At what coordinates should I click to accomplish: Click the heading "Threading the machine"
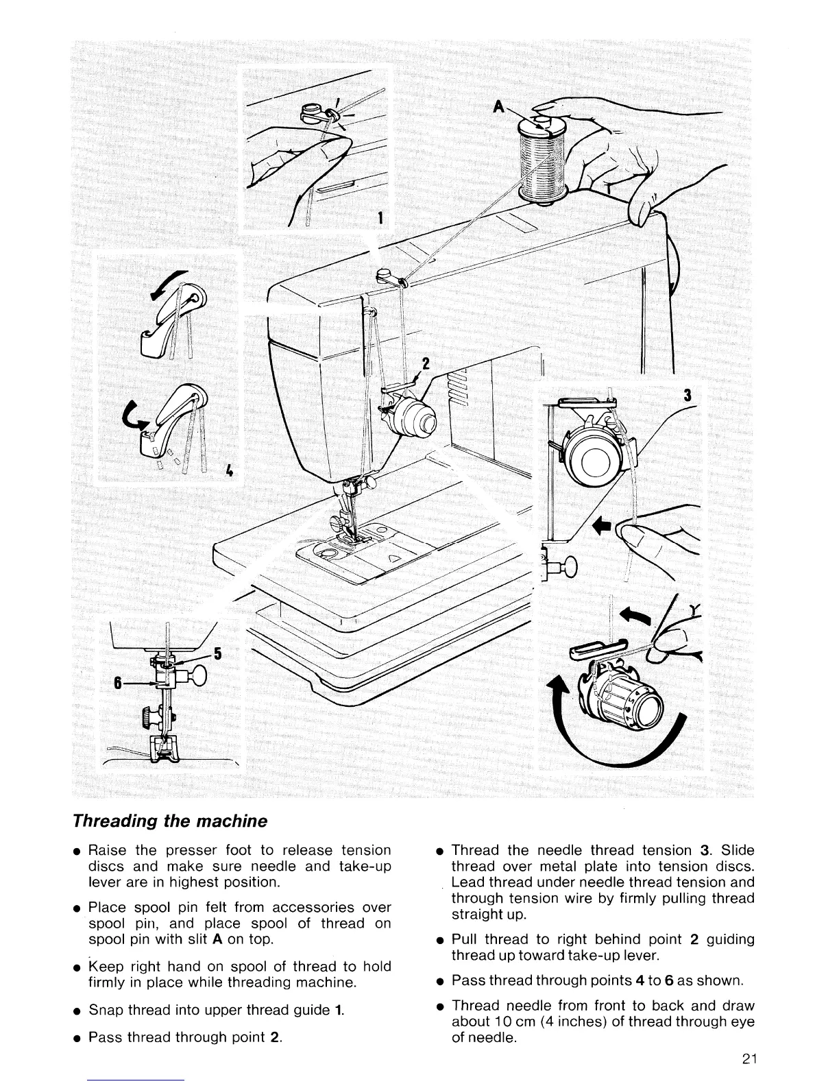[169, 821]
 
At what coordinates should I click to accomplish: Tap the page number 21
[748, 1059]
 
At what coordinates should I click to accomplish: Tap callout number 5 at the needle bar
[217, 653]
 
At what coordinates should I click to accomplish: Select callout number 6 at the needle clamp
[117, 683]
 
